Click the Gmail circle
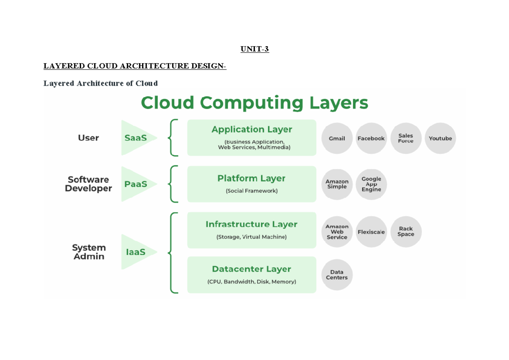337,138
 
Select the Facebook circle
371,138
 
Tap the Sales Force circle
406,138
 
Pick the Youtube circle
440,138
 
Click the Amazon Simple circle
337,184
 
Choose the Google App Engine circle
371,184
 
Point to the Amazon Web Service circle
337,232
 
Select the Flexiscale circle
371,232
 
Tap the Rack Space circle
406,232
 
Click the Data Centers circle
337,275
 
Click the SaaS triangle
136,138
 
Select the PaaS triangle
136,184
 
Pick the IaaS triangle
136,252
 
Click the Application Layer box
252,137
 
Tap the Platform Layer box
252,184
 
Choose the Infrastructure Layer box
252,230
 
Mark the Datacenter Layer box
252,275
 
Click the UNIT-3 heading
255,49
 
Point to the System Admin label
89,252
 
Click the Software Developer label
88,184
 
